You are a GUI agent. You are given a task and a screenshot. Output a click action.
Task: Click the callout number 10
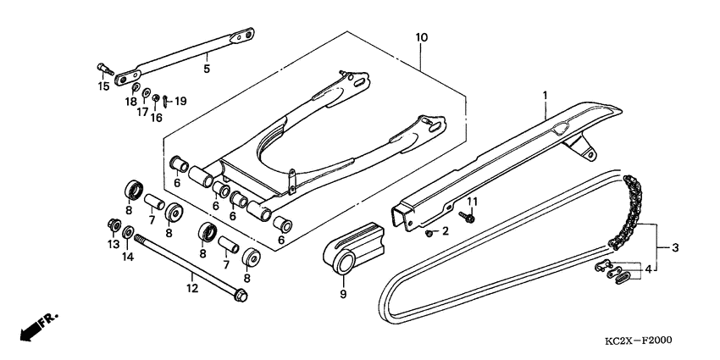click(422, 38)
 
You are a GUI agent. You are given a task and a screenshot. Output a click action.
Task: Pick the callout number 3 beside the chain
click(675, 248)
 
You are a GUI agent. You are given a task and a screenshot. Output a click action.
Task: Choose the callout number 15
click(102, 86)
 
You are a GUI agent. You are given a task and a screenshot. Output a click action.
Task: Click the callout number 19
click(180, 102)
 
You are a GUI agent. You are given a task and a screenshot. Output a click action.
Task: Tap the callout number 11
click(474, 201)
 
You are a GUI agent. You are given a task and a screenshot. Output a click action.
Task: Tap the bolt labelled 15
click(103, 68)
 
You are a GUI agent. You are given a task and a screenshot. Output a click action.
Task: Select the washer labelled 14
click(128, 232)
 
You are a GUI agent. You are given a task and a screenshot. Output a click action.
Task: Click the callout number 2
click(444, 231)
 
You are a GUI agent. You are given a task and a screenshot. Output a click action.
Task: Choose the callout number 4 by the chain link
click(647, 269)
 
